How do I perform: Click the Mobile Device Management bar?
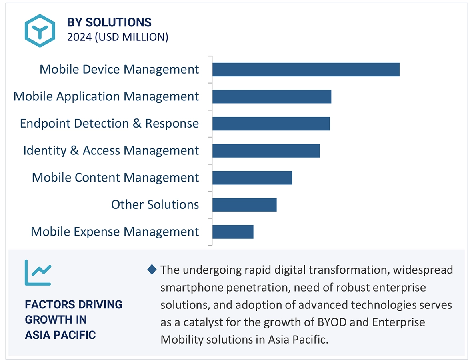306,70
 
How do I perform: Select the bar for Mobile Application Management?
272,96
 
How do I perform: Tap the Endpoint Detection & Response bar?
271,124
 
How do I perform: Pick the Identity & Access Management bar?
266,151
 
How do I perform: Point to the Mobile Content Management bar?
252,178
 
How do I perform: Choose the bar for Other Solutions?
244,205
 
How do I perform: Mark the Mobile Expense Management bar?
233,232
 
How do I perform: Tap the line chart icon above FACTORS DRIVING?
38,272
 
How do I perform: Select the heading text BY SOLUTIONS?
109,22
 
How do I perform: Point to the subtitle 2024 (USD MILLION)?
118,37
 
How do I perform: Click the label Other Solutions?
155,205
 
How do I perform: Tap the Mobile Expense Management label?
115,232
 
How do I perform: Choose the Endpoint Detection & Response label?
109,124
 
